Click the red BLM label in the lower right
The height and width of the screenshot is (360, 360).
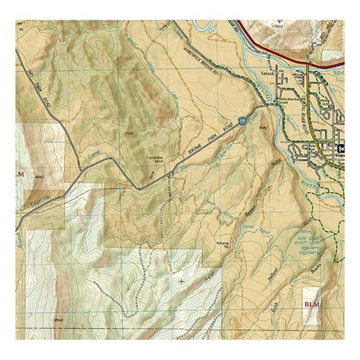[x=310, y=305]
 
